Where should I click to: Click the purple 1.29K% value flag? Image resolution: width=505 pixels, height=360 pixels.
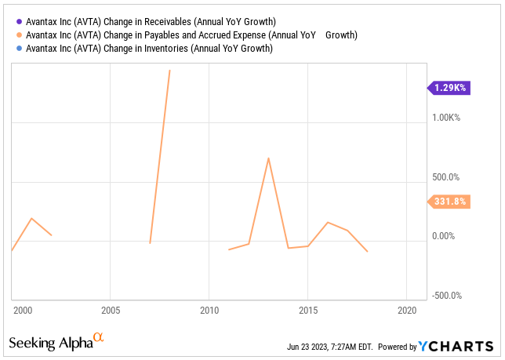click(x=449, y=88)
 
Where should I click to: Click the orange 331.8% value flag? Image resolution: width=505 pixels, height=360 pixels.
click(x=449, y=202)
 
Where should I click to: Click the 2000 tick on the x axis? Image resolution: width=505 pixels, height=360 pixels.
click(x=22, y=309)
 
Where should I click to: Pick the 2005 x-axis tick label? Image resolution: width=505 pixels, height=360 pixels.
click(x=111, y=309)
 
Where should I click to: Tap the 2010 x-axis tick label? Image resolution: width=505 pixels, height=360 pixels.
click(x=209, y=309)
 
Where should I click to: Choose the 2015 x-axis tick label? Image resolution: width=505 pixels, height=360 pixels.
click(x=307, y=309)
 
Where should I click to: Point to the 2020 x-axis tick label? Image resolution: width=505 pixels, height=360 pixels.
click(x=406, y=309)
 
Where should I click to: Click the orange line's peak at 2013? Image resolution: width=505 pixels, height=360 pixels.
click(x=268, y=158)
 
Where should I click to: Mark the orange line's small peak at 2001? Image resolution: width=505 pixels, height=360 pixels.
click(x=31, y=219)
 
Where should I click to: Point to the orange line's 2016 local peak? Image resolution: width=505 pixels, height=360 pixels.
click(x=328, y=223)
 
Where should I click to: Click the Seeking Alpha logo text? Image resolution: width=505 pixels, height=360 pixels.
click(x=49, y=343)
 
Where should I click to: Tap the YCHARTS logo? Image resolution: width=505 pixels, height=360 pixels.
click(x=459, y=346)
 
